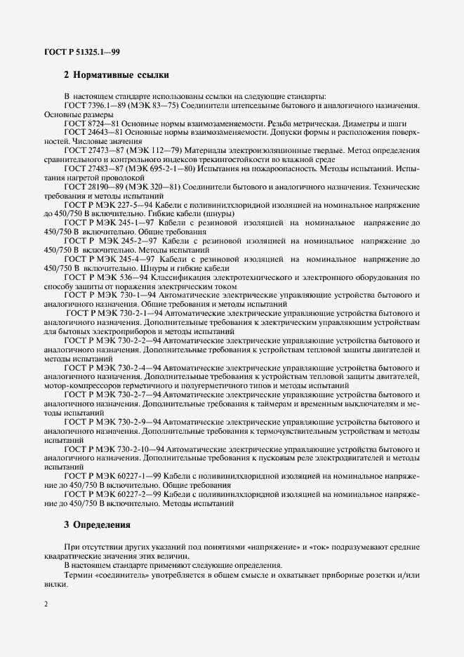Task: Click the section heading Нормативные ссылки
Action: (116, 74)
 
